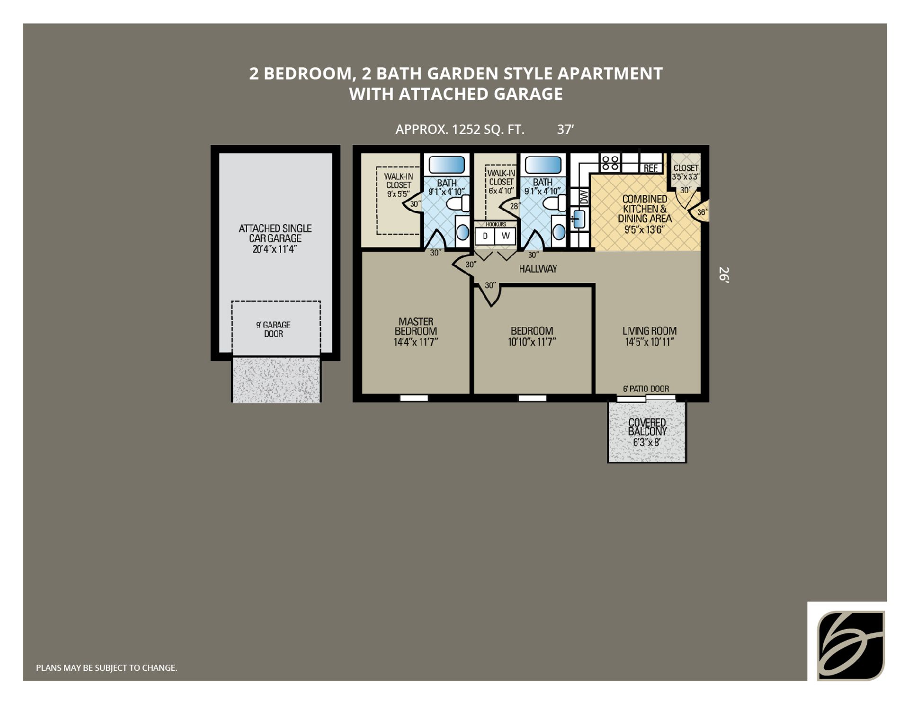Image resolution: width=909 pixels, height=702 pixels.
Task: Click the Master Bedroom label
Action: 416,332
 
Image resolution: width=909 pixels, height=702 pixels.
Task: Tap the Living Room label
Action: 649,336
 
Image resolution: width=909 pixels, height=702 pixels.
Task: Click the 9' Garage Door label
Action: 273,329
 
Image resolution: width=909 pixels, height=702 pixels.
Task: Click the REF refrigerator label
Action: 651,168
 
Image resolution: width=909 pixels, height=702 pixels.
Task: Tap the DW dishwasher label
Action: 583,196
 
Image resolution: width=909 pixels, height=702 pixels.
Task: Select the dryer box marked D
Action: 485,236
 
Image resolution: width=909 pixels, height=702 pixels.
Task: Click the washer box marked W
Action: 506,236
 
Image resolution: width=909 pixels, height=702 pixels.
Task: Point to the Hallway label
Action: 538,269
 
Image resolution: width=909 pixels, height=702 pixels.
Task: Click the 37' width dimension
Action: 565,129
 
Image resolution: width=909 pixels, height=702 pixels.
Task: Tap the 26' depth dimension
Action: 723,274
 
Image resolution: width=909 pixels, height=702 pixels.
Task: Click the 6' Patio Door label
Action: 646,389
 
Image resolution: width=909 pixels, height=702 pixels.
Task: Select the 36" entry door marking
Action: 702,212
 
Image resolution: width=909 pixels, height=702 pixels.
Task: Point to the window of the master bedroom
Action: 414,398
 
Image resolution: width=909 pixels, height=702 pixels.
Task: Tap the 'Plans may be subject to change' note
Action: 107,667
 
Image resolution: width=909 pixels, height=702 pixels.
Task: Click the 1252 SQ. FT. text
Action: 488,129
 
